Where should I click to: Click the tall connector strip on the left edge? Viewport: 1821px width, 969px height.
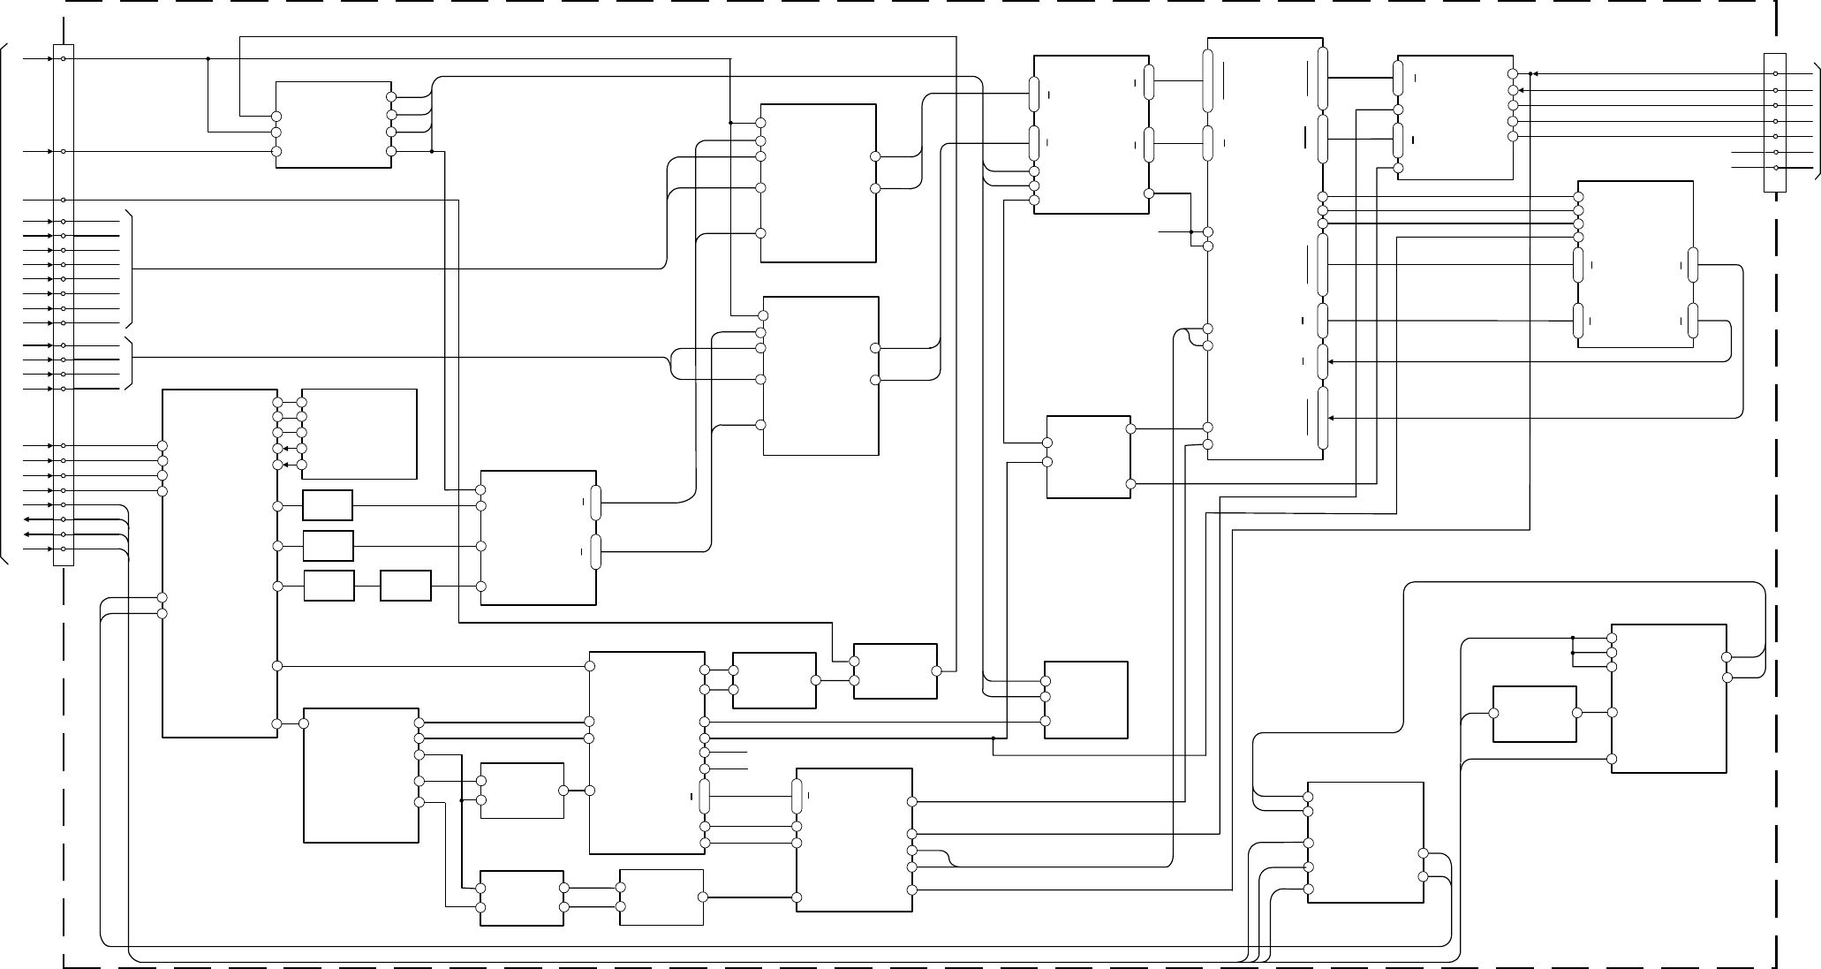63,305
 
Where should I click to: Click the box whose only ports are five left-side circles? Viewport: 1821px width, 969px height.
359,434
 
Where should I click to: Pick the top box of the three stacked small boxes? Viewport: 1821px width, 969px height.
328,505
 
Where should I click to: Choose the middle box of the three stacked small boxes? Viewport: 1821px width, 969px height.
328,546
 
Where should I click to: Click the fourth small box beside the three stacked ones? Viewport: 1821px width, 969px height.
405,586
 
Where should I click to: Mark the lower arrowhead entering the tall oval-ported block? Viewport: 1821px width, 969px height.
1331,418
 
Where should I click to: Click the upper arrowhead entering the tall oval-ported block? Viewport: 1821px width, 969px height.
1331,361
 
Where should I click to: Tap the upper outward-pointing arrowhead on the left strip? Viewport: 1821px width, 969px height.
27,519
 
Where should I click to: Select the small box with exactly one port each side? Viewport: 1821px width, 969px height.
1534,714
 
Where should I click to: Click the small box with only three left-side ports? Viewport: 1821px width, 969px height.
1086,700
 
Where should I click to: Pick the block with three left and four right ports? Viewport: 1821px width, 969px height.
333,125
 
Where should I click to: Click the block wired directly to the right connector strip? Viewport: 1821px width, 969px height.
1455,117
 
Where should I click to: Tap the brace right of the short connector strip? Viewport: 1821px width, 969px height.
1816,121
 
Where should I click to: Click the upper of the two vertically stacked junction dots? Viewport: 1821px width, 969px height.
1573,637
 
